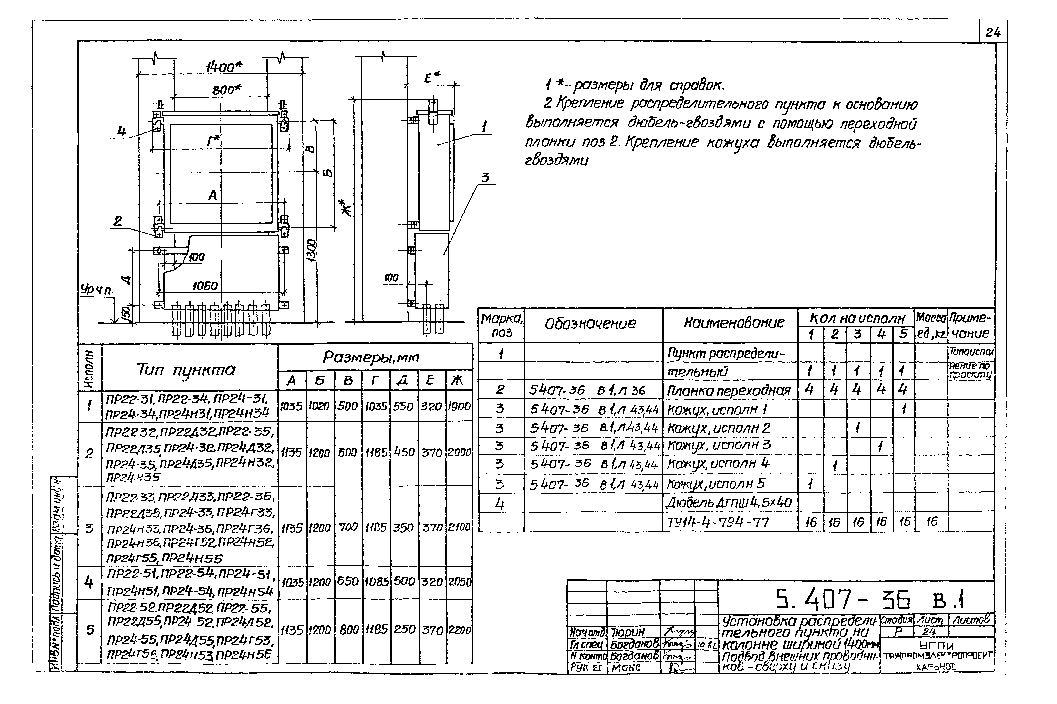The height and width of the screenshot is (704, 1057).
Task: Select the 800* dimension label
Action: (227, 90)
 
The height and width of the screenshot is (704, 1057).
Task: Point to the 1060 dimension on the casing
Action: (205, 286)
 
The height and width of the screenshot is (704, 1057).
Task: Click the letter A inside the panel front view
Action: (212, 195)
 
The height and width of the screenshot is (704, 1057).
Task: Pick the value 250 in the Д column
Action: (404, 629)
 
